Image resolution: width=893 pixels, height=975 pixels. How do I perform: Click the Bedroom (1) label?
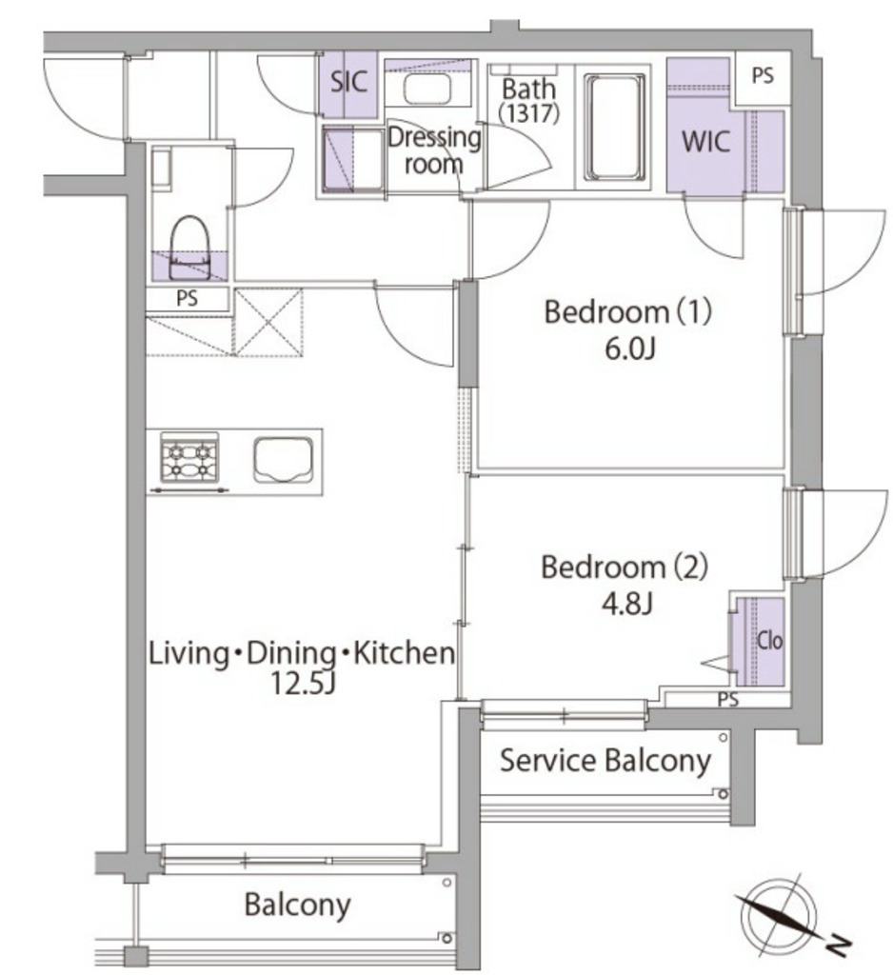(627, 312)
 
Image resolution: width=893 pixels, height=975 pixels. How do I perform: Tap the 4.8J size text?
(625, 603)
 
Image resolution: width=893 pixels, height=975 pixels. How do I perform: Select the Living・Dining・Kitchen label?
(301, 654)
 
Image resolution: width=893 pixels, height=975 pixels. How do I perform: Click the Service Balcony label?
(605, 761)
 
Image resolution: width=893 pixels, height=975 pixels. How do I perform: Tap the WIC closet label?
(705, 143)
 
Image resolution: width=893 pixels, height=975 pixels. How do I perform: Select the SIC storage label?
(348, 81)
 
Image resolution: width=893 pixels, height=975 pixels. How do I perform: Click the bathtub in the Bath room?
(614, 128)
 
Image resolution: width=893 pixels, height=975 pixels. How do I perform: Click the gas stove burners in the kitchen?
(189, 459)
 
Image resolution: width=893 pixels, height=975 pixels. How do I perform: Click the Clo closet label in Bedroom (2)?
(769, 642)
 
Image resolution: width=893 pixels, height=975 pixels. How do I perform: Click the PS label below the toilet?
(188, 298)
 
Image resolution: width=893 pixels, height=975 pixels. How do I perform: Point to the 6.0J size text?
(627, 348)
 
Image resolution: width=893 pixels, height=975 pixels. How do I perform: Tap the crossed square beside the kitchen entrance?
(268, 321)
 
